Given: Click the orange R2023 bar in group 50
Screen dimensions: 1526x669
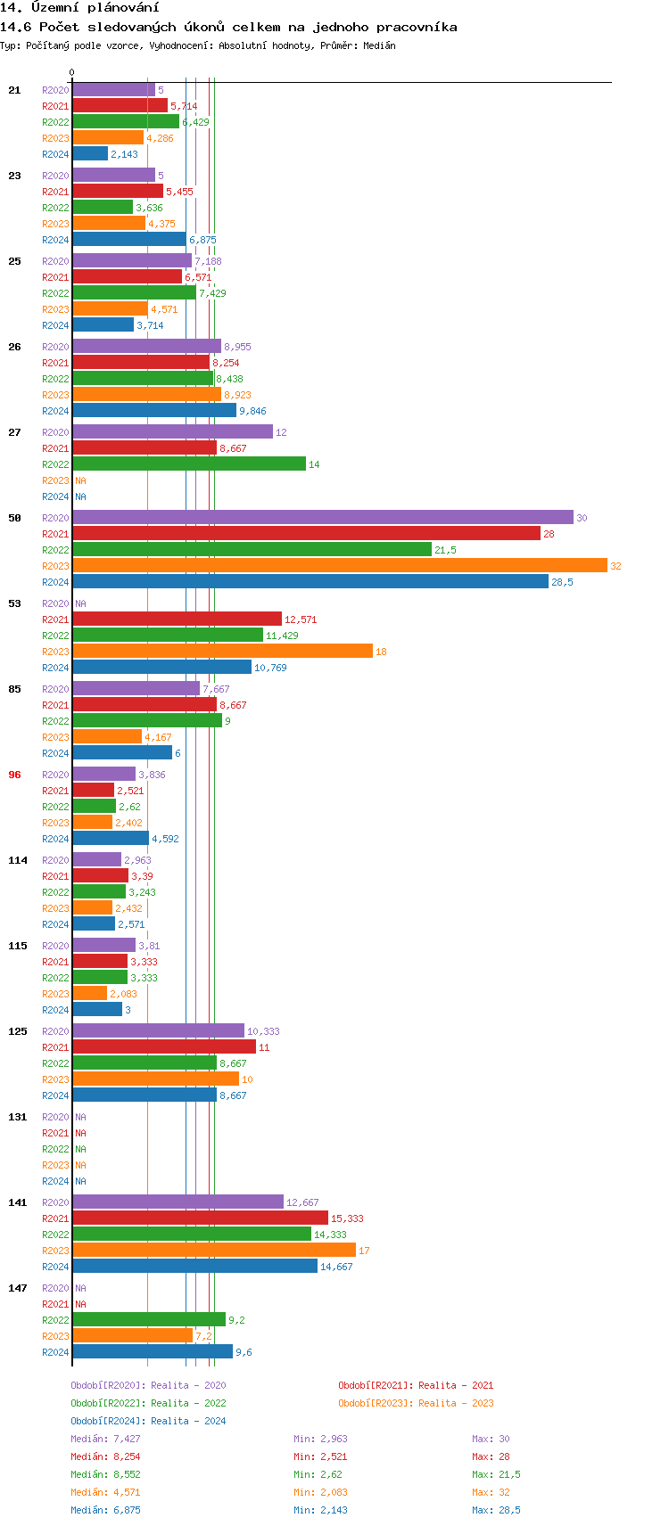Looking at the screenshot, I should pyautogui.click(x=339, y=566).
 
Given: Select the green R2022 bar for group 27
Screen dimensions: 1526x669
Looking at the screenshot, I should pyautogui.click(x=189, y=464).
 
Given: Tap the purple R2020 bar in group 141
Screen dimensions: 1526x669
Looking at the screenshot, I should pyautogui.click(x=178, y=1202).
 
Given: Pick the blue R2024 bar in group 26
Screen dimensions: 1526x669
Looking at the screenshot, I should pyautogui.click(x=154, y=411).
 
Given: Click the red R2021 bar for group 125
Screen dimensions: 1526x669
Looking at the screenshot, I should pyautogui.click(x=164, y=1047).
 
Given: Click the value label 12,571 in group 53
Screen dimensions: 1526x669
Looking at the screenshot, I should pyautogui.click(x=301, y=619).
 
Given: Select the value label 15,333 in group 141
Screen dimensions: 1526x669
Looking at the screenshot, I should pyautogui.click(x=347, y=1218).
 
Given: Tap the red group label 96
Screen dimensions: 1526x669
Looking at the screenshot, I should pyautogui.click(x=14, y=775).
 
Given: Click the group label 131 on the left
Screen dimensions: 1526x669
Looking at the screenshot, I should pyautogui.click(x=18, y=1117).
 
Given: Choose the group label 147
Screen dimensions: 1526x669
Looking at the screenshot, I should pyautogui.click(x=18, y=1288).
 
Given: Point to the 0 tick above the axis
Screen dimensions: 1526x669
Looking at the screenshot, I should pyautogui.click(x=72, y=73).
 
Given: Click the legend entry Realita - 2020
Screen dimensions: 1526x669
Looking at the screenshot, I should pyautogui.click(x=148, y=1385).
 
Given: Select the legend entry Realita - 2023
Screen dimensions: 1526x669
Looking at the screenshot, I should pyautogui.click(x=416, y=1403).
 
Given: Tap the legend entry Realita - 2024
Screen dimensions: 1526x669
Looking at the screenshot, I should pyautogui.click(x=148, y=1421).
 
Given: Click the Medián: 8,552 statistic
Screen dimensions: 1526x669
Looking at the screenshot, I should pyautogui.click(x=105, y=1474).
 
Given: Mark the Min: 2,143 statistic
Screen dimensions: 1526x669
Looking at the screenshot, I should pyautogui.click(x=320, y=1510).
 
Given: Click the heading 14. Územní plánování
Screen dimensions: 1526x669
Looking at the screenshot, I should pyautogui.click(x=79, y=8).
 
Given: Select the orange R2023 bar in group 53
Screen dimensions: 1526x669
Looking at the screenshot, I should pyautogui.click(x=222, y=652).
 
